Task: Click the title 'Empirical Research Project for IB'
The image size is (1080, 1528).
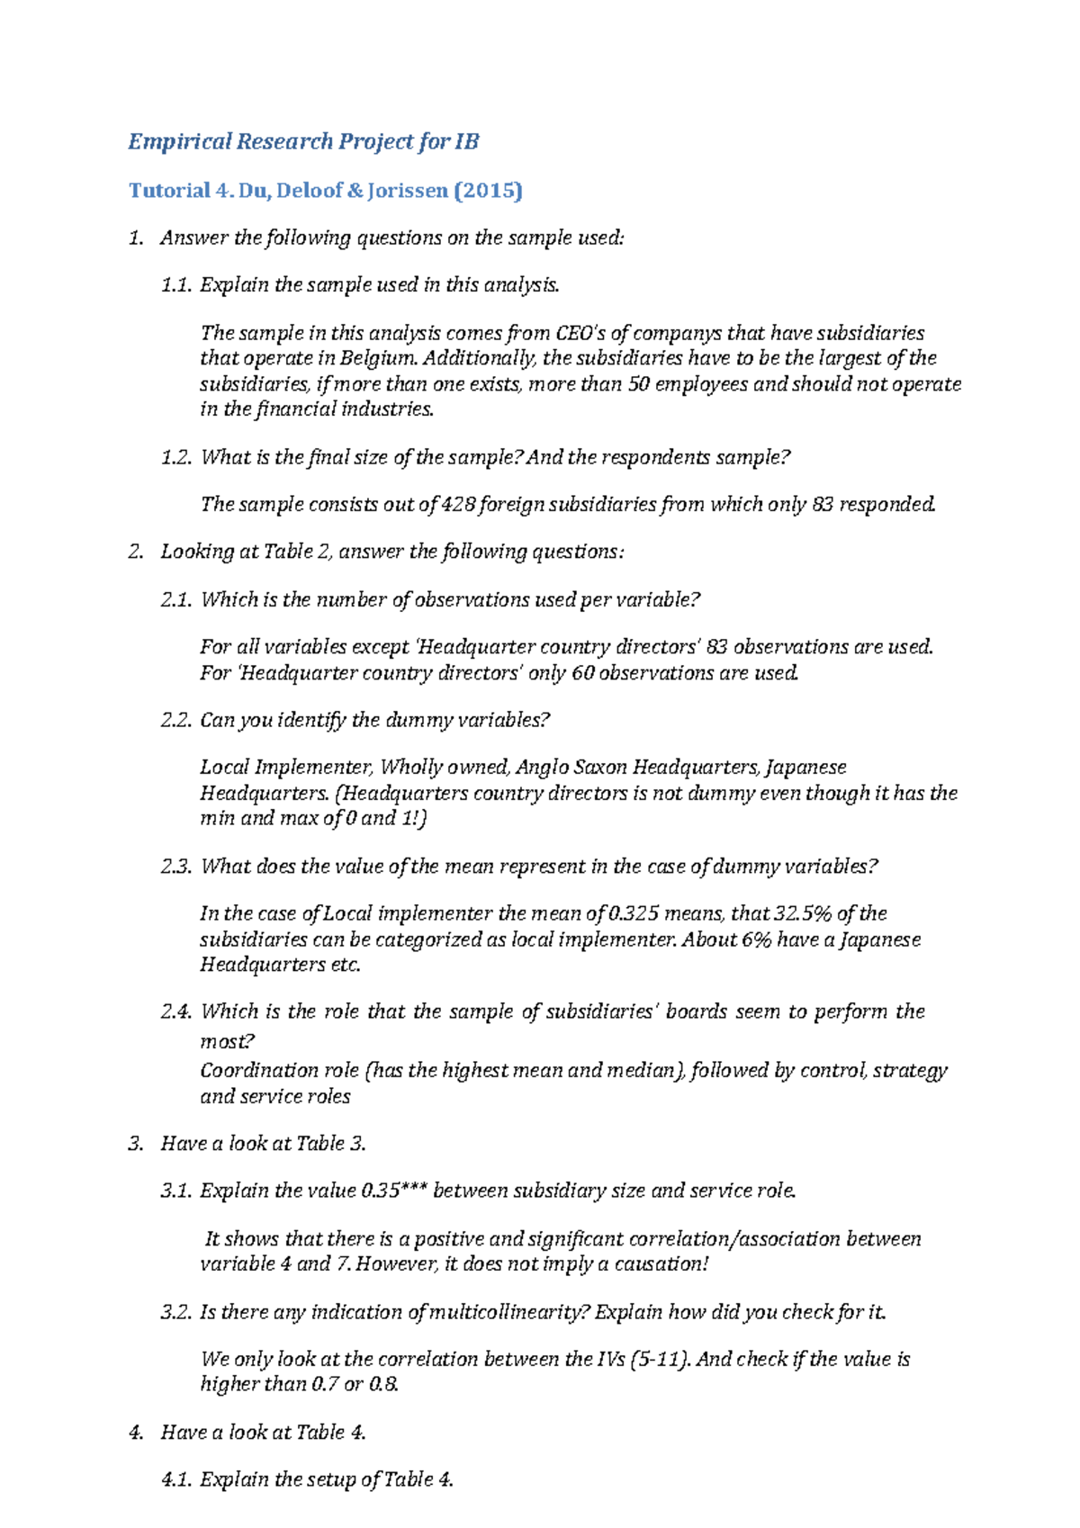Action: [303, 141]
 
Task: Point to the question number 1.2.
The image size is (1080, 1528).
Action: [176, 457]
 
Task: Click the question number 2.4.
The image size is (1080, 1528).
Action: [176, 1011]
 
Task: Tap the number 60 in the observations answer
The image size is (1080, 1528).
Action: [583, 673]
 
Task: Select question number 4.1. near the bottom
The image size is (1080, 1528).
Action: [176, 1479]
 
